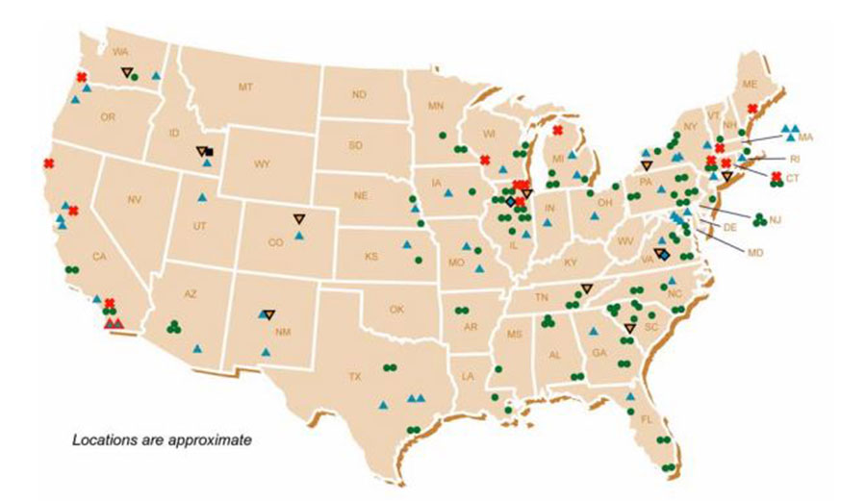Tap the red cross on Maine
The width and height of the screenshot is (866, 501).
(752, 109)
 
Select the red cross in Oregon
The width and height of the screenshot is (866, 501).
(82, 77)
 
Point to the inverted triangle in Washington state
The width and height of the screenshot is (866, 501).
(126, 72)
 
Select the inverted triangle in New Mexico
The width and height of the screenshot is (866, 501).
(269, 313)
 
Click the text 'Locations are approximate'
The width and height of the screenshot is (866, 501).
(163, 440)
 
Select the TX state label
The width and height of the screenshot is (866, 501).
(354, 376)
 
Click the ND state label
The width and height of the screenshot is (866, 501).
(359, 94)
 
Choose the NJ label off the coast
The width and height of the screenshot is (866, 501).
(776, 220)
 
